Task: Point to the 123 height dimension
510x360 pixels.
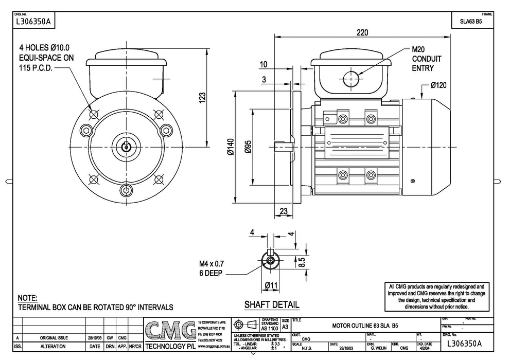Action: [202, 97]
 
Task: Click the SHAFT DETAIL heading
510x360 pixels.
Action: [271, 304]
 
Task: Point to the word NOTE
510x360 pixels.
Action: [27, 298]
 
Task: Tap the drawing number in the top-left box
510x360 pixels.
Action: [33, 22]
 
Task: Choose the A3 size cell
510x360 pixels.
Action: [285, 327]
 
